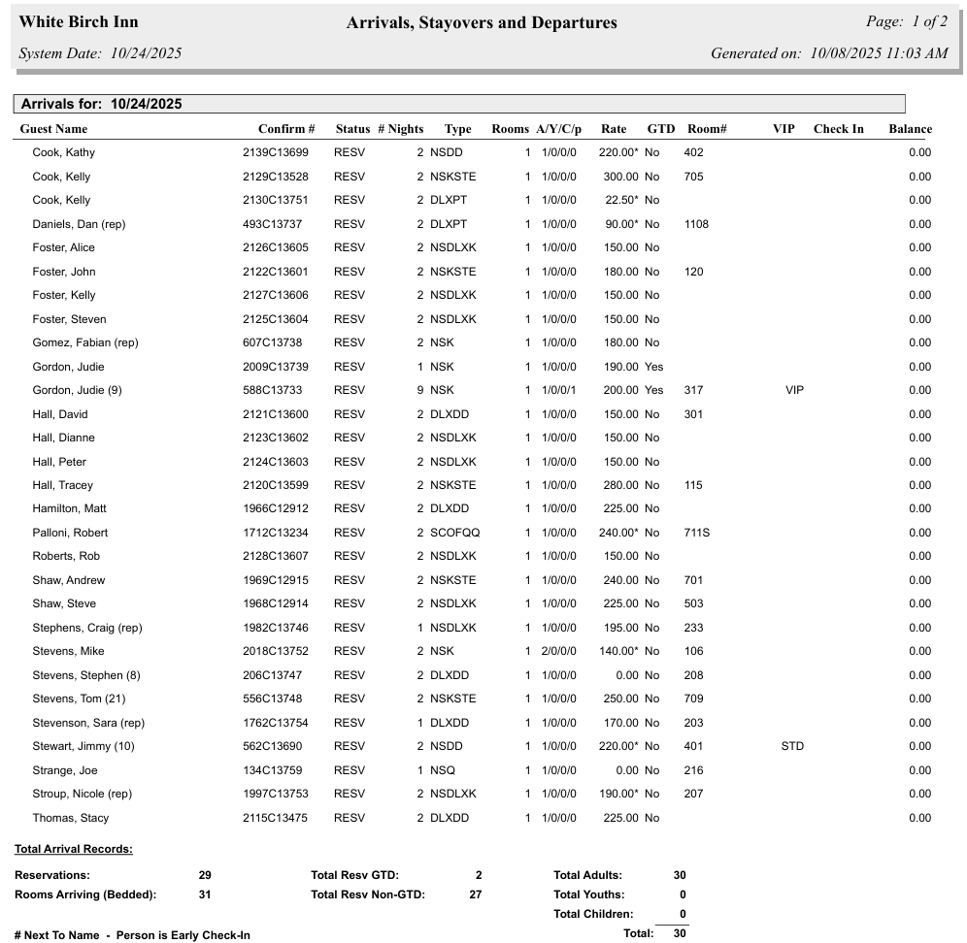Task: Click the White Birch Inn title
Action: pyautogui.click(x=79, y=22)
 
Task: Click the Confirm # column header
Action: pyautogui.click(x=286, y=129)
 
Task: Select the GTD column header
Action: pyautogui.click(x=661, y=129)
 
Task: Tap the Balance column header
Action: pyautogui.click(x=910, y=129)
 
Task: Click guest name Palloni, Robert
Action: pyautogui.click(x=70, y=533)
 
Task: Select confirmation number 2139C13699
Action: pyautogui.click(x=276, y=152)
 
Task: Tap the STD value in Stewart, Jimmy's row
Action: pyautogui.click(x=792, y=747)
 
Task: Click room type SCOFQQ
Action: pyautogui.click(x=455, y=533)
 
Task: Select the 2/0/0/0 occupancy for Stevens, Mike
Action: pyautogui.click(x=559, y=652)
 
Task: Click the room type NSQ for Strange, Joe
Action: pyautogui.click(x=442, y=770)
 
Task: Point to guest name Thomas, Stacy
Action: pyautogui.click(x=70, y=818)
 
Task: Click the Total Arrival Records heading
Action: pyautogui.click(x=74, y=850)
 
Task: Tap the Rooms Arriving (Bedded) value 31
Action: pyautogui.click(x=204, y=894)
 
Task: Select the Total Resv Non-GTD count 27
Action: pyautogui.click(x=476, y=894)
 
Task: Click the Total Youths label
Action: pyautogui.click(x=589, y=894)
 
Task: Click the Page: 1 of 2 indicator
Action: pyautogui.click(x=906, y=22)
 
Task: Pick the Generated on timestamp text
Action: pyautogui.click(x=829, y=53)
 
